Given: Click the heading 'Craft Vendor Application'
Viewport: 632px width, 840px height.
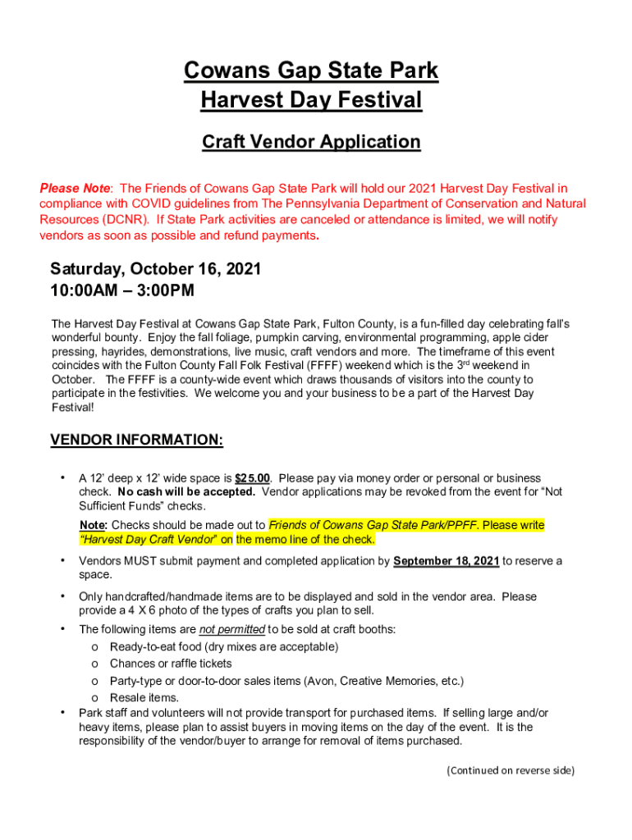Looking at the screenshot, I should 311,142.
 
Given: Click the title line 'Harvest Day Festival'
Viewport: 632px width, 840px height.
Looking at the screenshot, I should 311,101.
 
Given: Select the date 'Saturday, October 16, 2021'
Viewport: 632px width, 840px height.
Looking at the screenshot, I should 156,269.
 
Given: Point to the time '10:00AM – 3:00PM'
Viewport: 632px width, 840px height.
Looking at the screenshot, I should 122,290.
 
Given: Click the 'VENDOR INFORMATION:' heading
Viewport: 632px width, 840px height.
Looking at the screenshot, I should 136,441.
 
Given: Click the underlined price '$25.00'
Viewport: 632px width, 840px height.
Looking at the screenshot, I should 253,478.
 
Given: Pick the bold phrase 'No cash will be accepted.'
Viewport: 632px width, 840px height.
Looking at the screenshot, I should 186,492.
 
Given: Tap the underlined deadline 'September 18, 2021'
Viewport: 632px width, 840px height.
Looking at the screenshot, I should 446,562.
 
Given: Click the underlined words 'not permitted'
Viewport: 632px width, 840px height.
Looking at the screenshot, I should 231,630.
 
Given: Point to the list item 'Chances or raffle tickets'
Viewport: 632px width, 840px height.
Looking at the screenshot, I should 171,664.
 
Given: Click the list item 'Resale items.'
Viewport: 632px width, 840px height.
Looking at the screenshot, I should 144,698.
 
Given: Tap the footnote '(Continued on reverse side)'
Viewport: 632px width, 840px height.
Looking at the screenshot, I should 511,770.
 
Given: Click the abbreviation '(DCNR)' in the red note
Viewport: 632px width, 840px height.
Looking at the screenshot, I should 126,220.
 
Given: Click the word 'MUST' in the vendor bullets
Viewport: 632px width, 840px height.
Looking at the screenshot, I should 140,562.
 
